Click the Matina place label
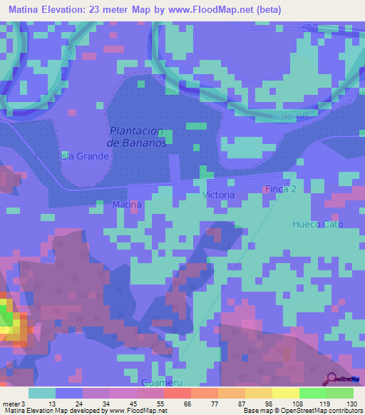click(128, 205)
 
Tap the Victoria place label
click(219, 195)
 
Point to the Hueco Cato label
click(318, 224)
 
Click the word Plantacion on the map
click(137, 131)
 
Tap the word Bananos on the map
click(147, 143)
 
